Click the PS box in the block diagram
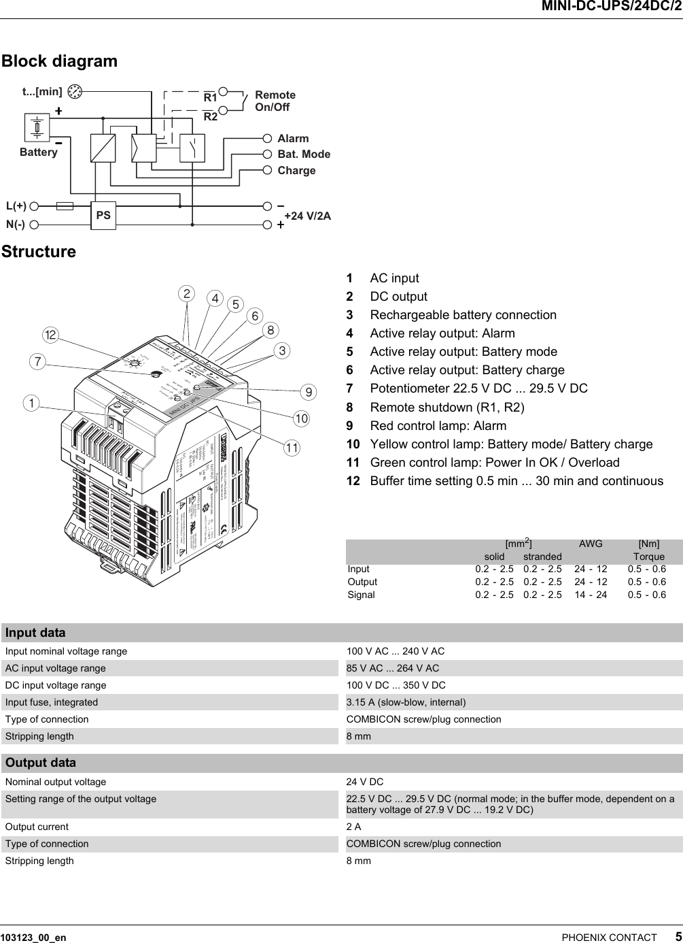pyautogui.click(x=103, y=215)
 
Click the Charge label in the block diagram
pyautogui.click(x=296, y=170)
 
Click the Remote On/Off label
pyautogui.click(x=275, y=101)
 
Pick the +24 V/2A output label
pyautogui.click(x=307, y=216)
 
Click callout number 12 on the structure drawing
pyautogui.click(x=50, y=335)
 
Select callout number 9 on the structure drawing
pyautogui.click(x=309, y=392)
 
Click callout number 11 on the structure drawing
pyautogui.click(x=292, y=448)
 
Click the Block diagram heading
pyautogui.click(x=59, y=61)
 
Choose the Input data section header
pyautogui.click(x=35, y=633)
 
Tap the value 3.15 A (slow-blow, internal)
pyautogui.click(x=406, y=702)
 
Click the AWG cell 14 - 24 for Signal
pyautogui.click(x=591, y=595)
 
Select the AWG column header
pyautogui.click(x=590, y=544)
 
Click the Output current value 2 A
pyautogui.click(x=353, y=827)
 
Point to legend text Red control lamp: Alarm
pyautogui.click(x=438, y=426)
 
